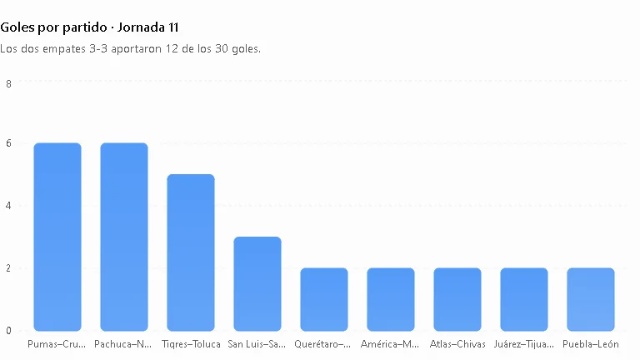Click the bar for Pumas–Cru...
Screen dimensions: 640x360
click(x=57, y=237)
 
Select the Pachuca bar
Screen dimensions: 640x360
click(x=124, y=237)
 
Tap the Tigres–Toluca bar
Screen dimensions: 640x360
click(x=191, y=252)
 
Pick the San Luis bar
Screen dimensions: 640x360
click(x=257, y=283)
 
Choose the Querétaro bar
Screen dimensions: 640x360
click(x=324, y=300)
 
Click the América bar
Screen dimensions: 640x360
click(x=391, y=300)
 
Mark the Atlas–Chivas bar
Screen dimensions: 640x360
click(x=457, y=300)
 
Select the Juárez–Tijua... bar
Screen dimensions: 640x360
click(x=524, y=300)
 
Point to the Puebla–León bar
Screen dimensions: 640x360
click(x=591, y=300)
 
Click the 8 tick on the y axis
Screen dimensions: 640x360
click(x=8, y=84)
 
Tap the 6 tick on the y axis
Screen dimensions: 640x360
click(x=8, y=143)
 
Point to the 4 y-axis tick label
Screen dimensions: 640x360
click(x=8, y=206)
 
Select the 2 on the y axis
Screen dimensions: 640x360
click(x=8, y=268)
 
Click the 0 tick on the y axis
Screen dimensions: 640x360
click(x=8, y=331)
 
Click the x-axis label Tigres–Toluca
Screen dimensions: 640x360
click(x=191, y=344)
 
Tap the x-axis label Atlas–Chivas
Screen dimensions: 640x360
click(x=457, y=344)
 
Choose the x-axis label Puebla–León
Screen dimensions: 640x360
click(x=591, y=344)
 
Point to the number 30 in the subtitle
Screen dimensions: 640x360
click(x=221, y=48)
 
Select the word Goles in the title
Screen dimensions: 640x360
click(x=17, y=27)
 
